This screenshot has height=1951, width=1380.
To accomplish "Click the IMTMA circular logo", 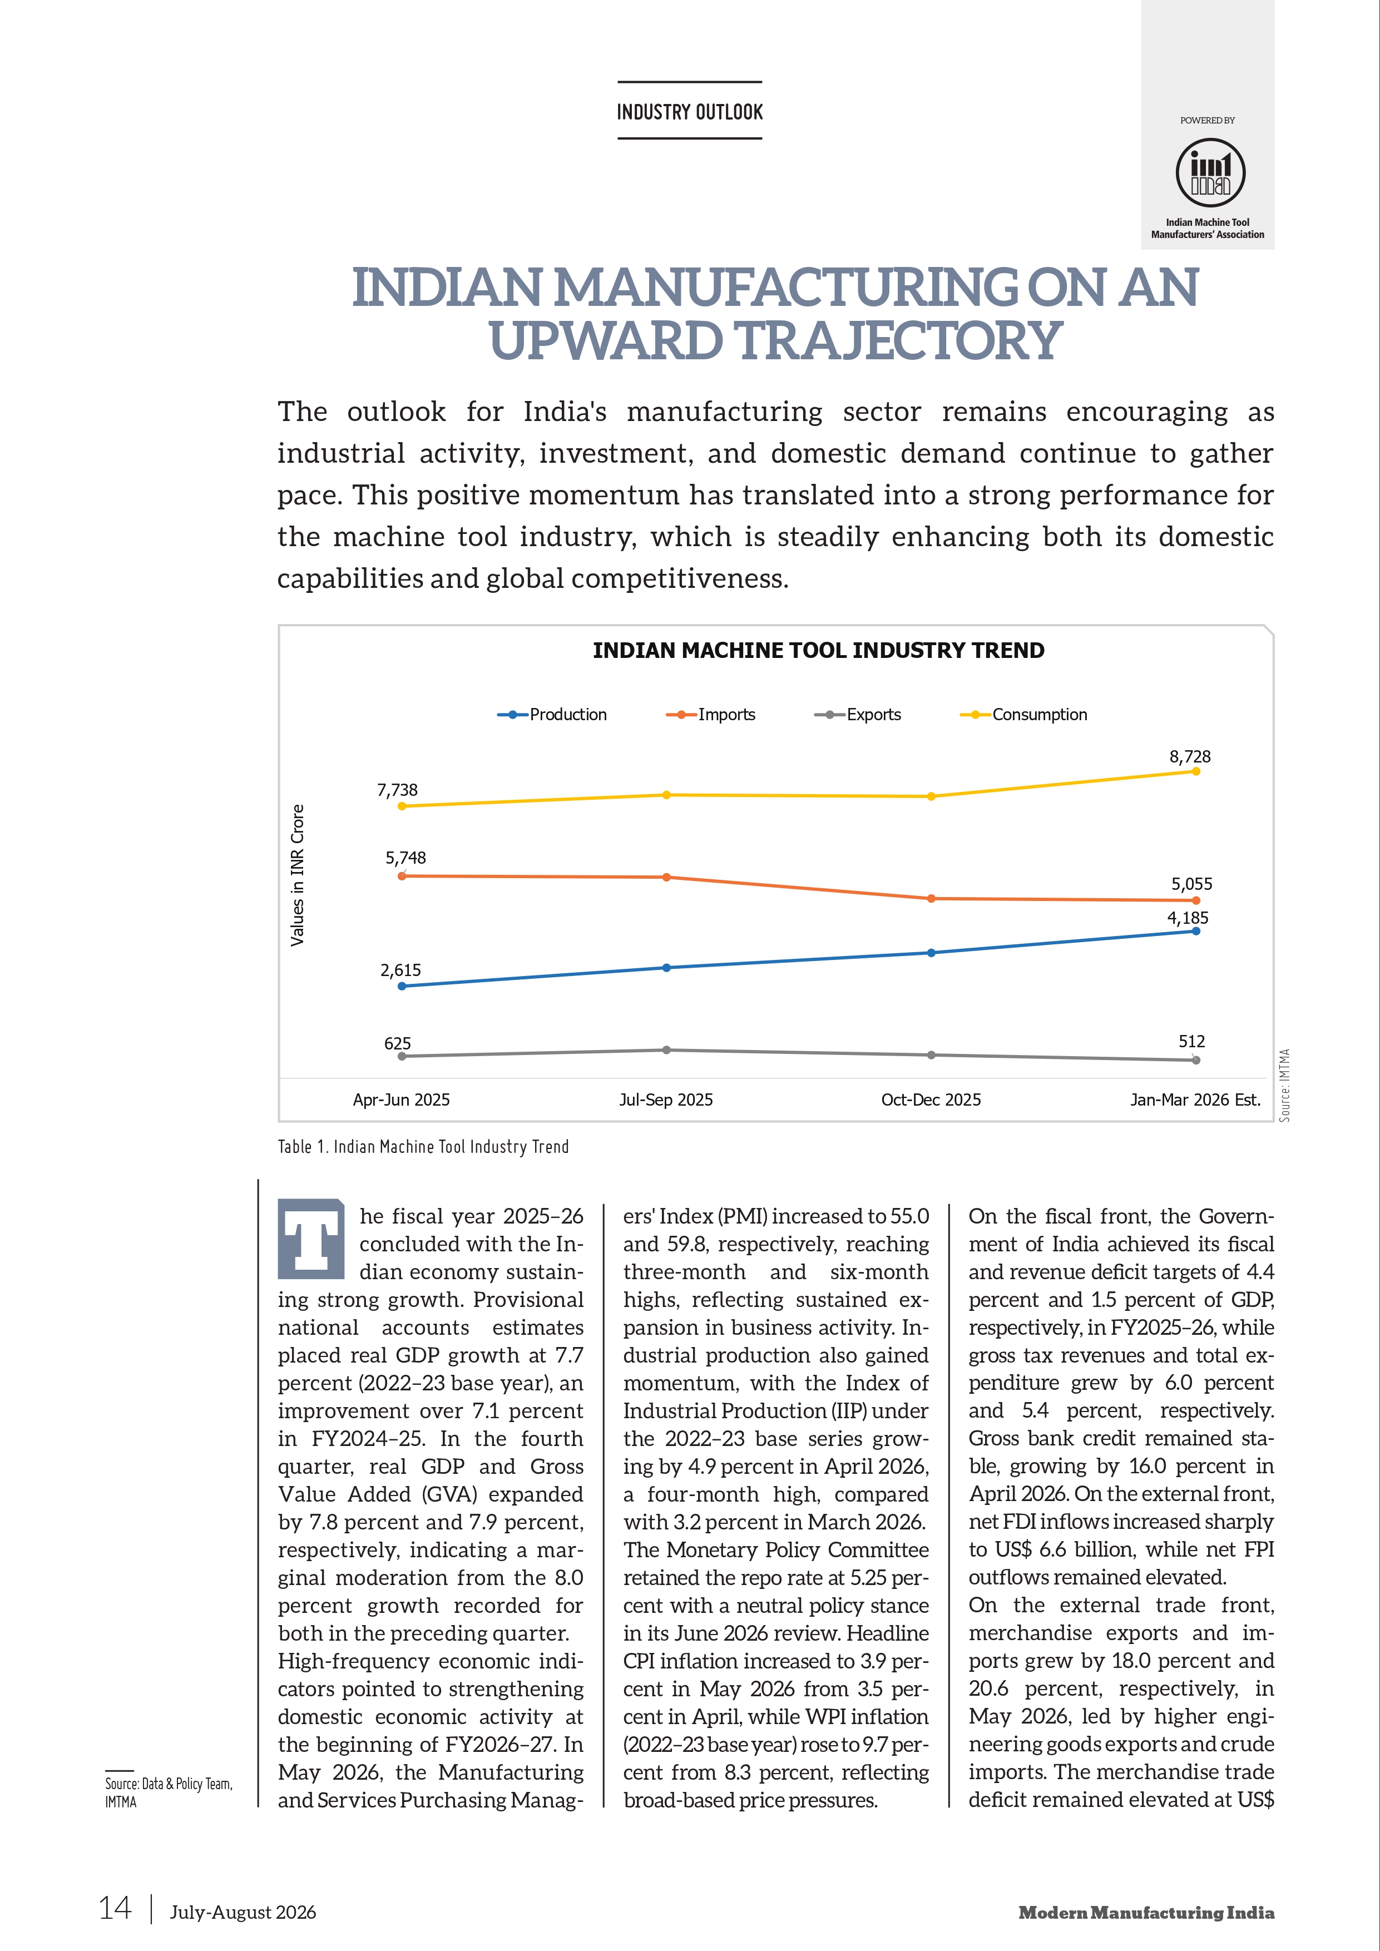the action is click(x=1210, y=172).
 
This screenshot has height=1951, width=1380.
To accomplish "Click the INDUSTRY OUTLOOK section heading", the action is click(x=690, y=112).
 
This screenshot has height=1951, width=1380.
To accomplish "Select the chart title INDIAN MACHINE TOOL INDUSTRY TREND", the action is click(x=818, y=651).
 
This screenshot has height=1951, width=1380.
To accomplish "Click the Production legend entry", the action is click(x=552, y=715).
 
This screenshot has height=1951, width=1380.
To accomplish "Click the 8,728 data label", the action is click(x=1190, y=756).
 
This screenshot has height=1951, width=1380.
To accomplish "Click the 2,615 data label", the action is click(x=400, y=970).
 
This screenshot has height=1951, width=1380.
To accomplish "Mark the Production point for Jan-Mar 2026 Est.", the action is click(x=1195, y=932).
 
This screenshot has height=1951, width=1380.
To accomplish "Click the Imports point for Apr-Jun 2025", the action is click(x=402, y=876).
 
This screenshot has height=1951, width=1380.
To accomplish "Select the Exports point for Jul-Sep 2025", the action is click(x=666, y=1050).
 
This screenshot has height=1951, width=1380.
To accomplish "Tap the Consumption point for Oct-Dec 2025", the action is click(x=931, y=796).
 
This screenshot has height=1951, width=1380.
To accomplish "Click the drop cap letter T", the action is click(x=311, y=1239).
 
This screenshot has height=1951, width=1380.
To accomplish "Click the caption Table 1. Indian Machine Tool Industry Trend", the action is click(x=423, y=1147).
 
